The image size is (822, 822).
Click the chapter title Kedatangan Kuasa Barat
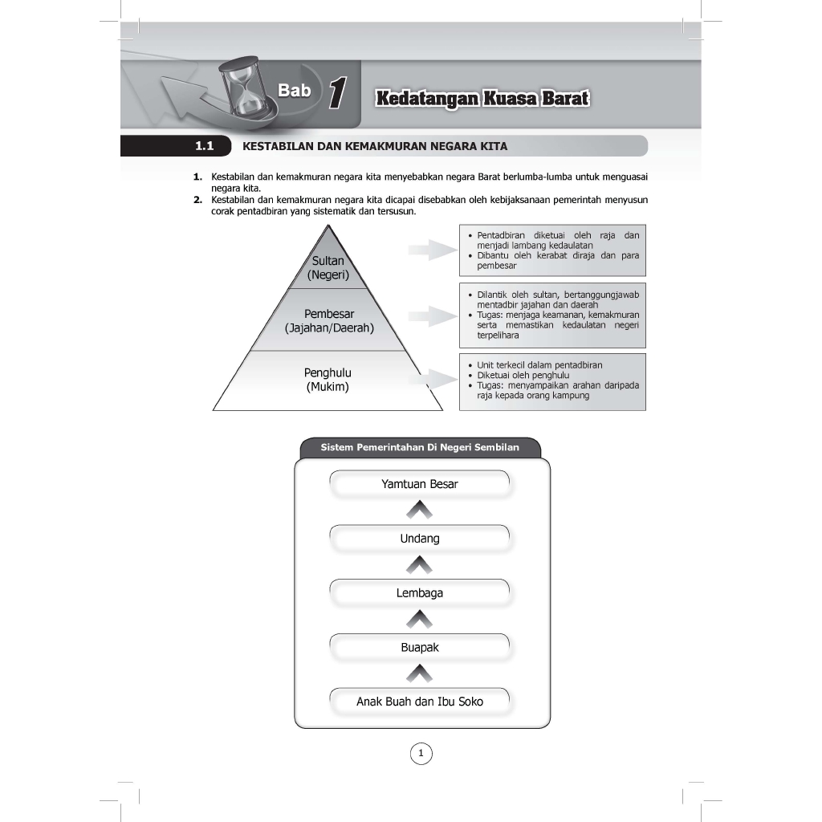click(482, 99)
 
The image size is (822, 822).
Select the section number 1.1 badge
click(203, 146)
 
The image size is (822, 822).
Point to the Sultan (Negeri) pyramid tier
click(328, 267)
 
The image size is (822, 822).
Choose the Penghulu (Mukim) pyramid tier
click(328, 380)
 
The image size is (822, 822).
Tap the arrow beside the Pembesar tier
click(432, 316)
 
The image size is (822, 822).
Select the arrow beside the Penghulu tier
click(432, 380)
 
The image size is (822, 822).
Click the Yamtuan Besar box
click(420, 484)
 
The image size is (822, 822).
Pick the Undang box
click(420, 539)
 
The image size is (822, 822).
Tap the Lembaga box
click(420, 593)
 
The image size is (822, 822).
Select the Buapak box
click(420, 647)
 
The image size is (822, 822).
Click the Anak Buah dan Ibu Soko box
click(420, 702)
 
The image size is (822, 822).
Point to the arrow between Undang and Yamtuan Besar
click(419, 511)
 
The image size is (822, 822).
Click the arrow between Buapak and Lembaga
click(419, 620)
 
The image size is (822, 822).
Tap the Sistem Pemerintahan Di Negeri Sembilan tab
click(420, 447)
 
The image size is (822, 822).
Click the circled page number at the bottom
click(421, 753)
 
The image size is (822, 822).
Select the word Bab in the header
click(294, 91)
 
